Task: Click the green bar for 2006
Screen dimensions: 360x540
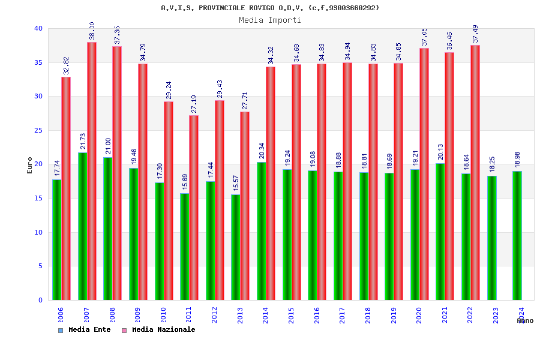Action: [56, 239]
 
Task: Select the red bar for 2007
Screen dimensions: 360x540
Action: [92, 171]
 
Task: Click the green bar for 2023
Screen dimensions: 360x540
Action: [491, 238]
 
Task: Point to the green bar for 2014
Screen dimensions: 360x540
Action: [261, 231]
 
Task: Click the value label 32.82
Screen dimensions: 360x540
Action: [67, 65]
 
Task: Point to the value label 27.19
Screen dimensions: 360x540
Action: [194, 104]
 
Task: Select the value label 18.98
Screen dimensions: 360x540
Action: [517, 160]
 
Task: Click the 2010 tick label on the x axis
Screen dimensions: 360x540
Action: [163, 315]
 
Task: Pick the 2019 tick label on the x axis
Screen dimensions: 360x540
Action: [393, 315]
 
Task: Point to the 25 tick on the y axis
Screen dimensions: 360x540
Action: [38, 130]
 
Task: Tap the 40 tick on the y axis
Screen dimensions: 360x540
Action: [38, 28]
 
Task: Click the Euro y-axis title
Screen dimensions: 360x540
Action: [30, 165]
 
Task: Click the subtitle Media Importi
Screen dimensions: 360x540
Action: [270, 20]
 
